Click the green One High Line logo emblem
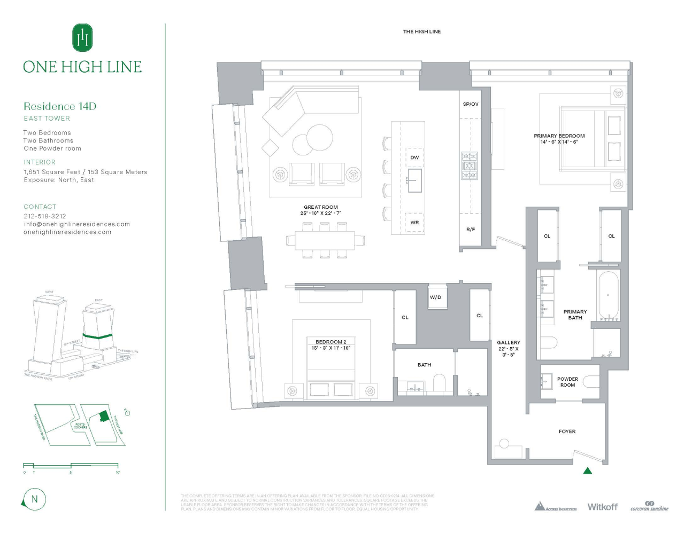click(x=82, y=38)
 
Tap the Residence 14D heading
click(x=60, y=106)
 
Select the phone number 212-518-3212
click(x=45, y=216)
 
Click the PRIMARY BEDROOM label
click(x=559, y=136)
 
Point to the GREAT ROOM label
click(x=320, y=207)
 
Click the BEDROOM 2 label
click(x=330, y=342)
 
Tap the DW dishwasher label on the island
click(x=414, y=158)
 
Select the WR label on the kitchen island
click(x=414, y=223)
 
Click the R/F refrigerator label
click(x=470, y=230)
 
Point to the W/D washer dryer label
click(x=436, y=297)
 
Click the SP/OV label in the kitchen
click(x=471, y=104)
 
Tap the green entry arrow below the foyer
click(x=587, y=470)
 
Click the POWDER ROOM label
click(x=567, y=382)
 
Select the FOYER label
click(x=567, y=431)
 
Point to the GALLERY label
click(x=508, y=343)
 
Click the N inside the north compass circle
click(x=35, y=499)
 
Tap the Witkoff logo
click(x=602, y=507)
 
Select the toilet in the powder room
click(x=591, y=381)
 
